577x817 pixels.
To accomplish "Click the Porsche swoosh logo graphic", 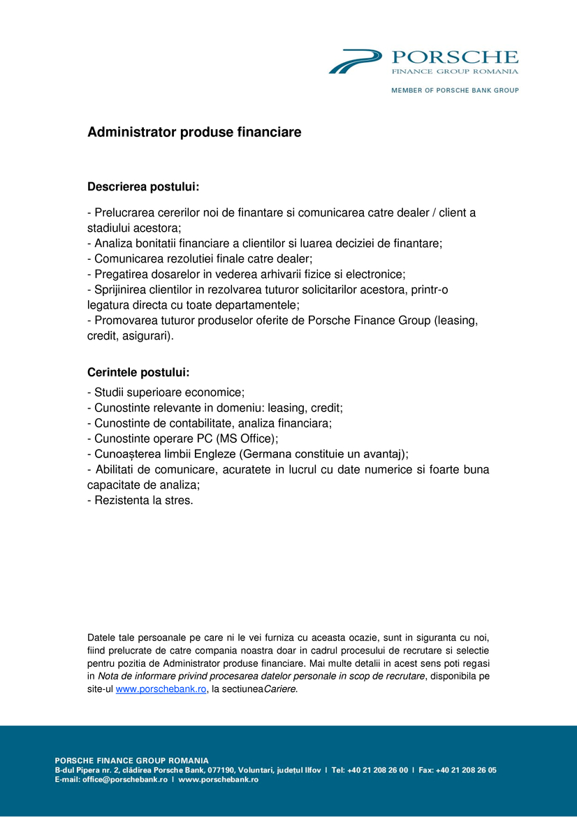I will click(355, 61).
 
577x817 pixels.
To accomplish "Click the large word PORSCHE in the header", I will click(455, 57).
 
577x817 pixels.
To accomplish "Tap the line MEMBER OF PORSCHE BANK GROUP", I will click(455, 90).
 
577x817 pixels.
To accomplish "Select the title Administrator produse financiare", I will click(194, 132).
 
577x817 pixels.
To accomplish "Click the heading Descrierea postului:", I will click(143, 187).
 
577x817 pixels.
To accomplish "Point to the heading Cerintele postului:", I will click(138, 373).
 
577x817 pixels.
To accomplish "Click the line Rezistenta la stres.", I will click(140, 500).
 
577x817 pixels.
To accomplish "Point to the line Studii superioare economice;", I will click(166, 392).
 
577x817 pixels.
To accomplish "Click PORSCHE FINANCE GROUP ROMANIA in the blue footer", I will click(132, 760).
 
